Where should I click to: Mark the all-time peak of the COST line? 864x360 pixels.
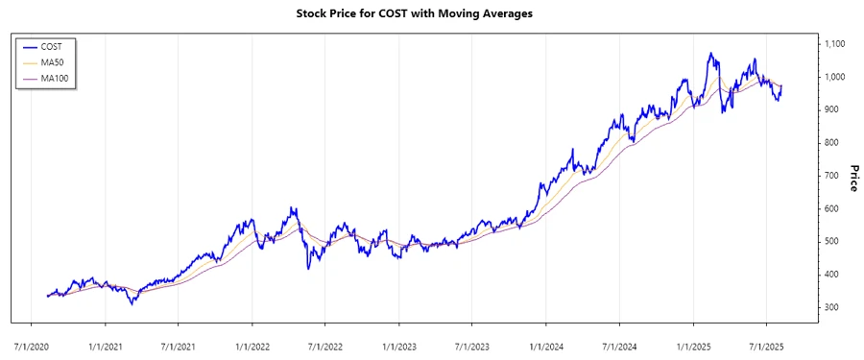tap(710, 54)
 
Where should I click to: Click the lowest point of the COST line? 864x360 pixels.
tap(132, 303)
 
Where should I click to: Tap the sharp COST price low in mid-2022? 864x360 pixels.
tap(308, 268)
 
